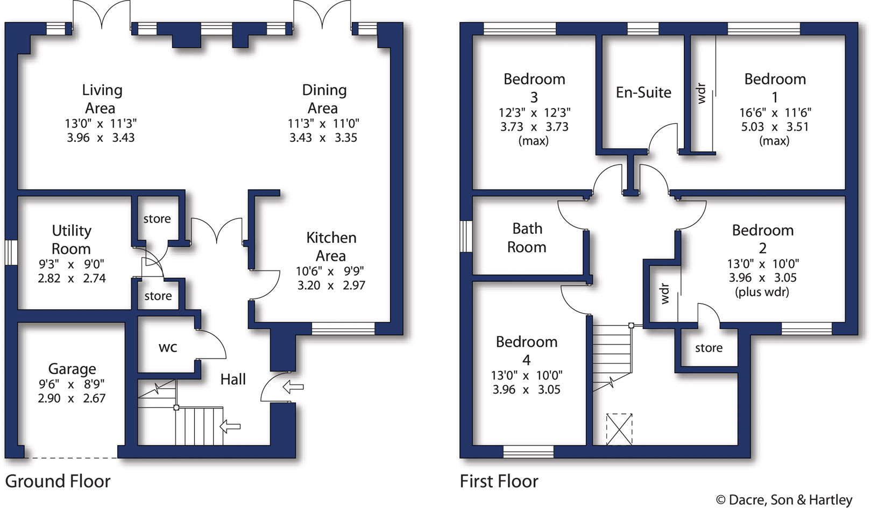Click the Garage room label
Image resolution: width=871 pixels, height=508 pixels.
click(72, 369)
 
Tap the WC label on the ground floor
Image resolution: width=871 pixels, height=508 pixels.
click(168, 347)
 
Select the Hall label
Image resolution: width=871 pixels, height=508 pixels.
click(233, 380)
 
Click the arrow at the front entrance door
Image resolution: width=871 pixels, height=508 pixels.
click(293, 386)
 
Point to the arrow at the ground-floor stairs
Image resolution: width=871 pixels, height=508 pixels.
click(230, 426)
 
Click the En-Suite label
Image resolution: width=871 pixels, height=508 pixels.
click(643, 92)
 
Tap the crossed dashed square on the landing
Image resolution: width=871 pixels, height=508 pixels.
click(619, 429)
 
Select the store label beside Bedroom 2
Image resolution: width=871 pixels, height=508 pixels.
click(709, 348)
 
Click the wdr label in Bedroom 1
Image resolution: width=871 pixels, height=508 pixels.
click(700, 93)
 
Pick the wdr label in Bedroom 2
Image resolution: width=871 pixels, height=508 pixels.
click(665, 294)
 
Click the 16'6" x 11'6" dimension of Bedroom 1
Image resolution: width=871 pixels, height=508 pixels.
click(775, 113)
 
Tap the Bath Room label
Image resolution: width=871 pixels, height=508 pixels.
click(527, 238)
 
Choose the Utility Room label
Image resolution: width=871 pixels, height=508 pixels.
click(71, 240)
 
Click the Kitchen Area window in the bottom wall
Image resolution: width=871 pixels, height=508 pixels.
click(343, 328)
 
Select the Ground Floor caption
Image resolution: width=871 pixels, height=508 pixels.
click(58, 481)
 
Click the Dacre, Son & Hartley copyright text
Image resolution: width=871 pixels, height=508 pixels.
click(784, 500)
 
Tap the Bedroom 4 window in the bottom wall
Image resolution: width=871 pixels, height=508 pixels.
click(528, 452)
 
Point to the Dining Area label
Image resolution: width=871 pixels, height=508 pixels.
click(323, 99)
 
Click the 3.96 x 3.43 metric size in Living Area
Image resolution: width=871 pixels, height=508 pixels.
click(101, 138)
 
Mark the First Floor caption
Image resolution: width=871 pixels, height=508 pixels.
click(499, 481)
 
